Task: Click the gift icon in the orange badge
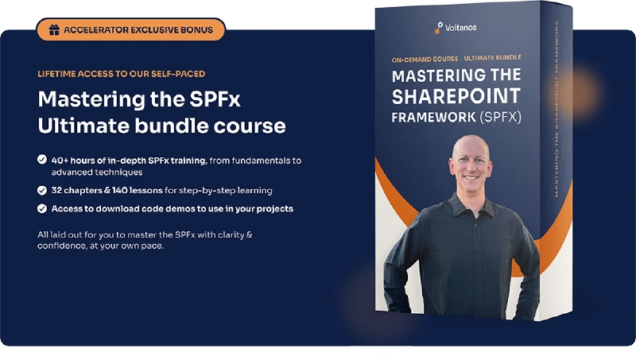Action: (x=54, y=30)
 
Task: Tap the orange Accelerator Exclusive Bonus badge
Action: (x=130, y=30)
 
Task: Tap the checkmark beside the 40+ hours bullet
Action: (x=41, y=160)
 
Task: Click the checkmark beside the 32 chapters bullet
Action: (x=41, y=190)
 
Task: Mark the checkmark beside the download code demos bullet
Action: (x=41, y=208)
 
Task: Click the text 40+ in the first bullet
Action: (x=60, y=160)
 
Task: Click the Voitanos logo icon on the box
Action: (x=438, y=28)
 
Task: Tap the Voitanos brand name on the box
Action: (x=463, y=29)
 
